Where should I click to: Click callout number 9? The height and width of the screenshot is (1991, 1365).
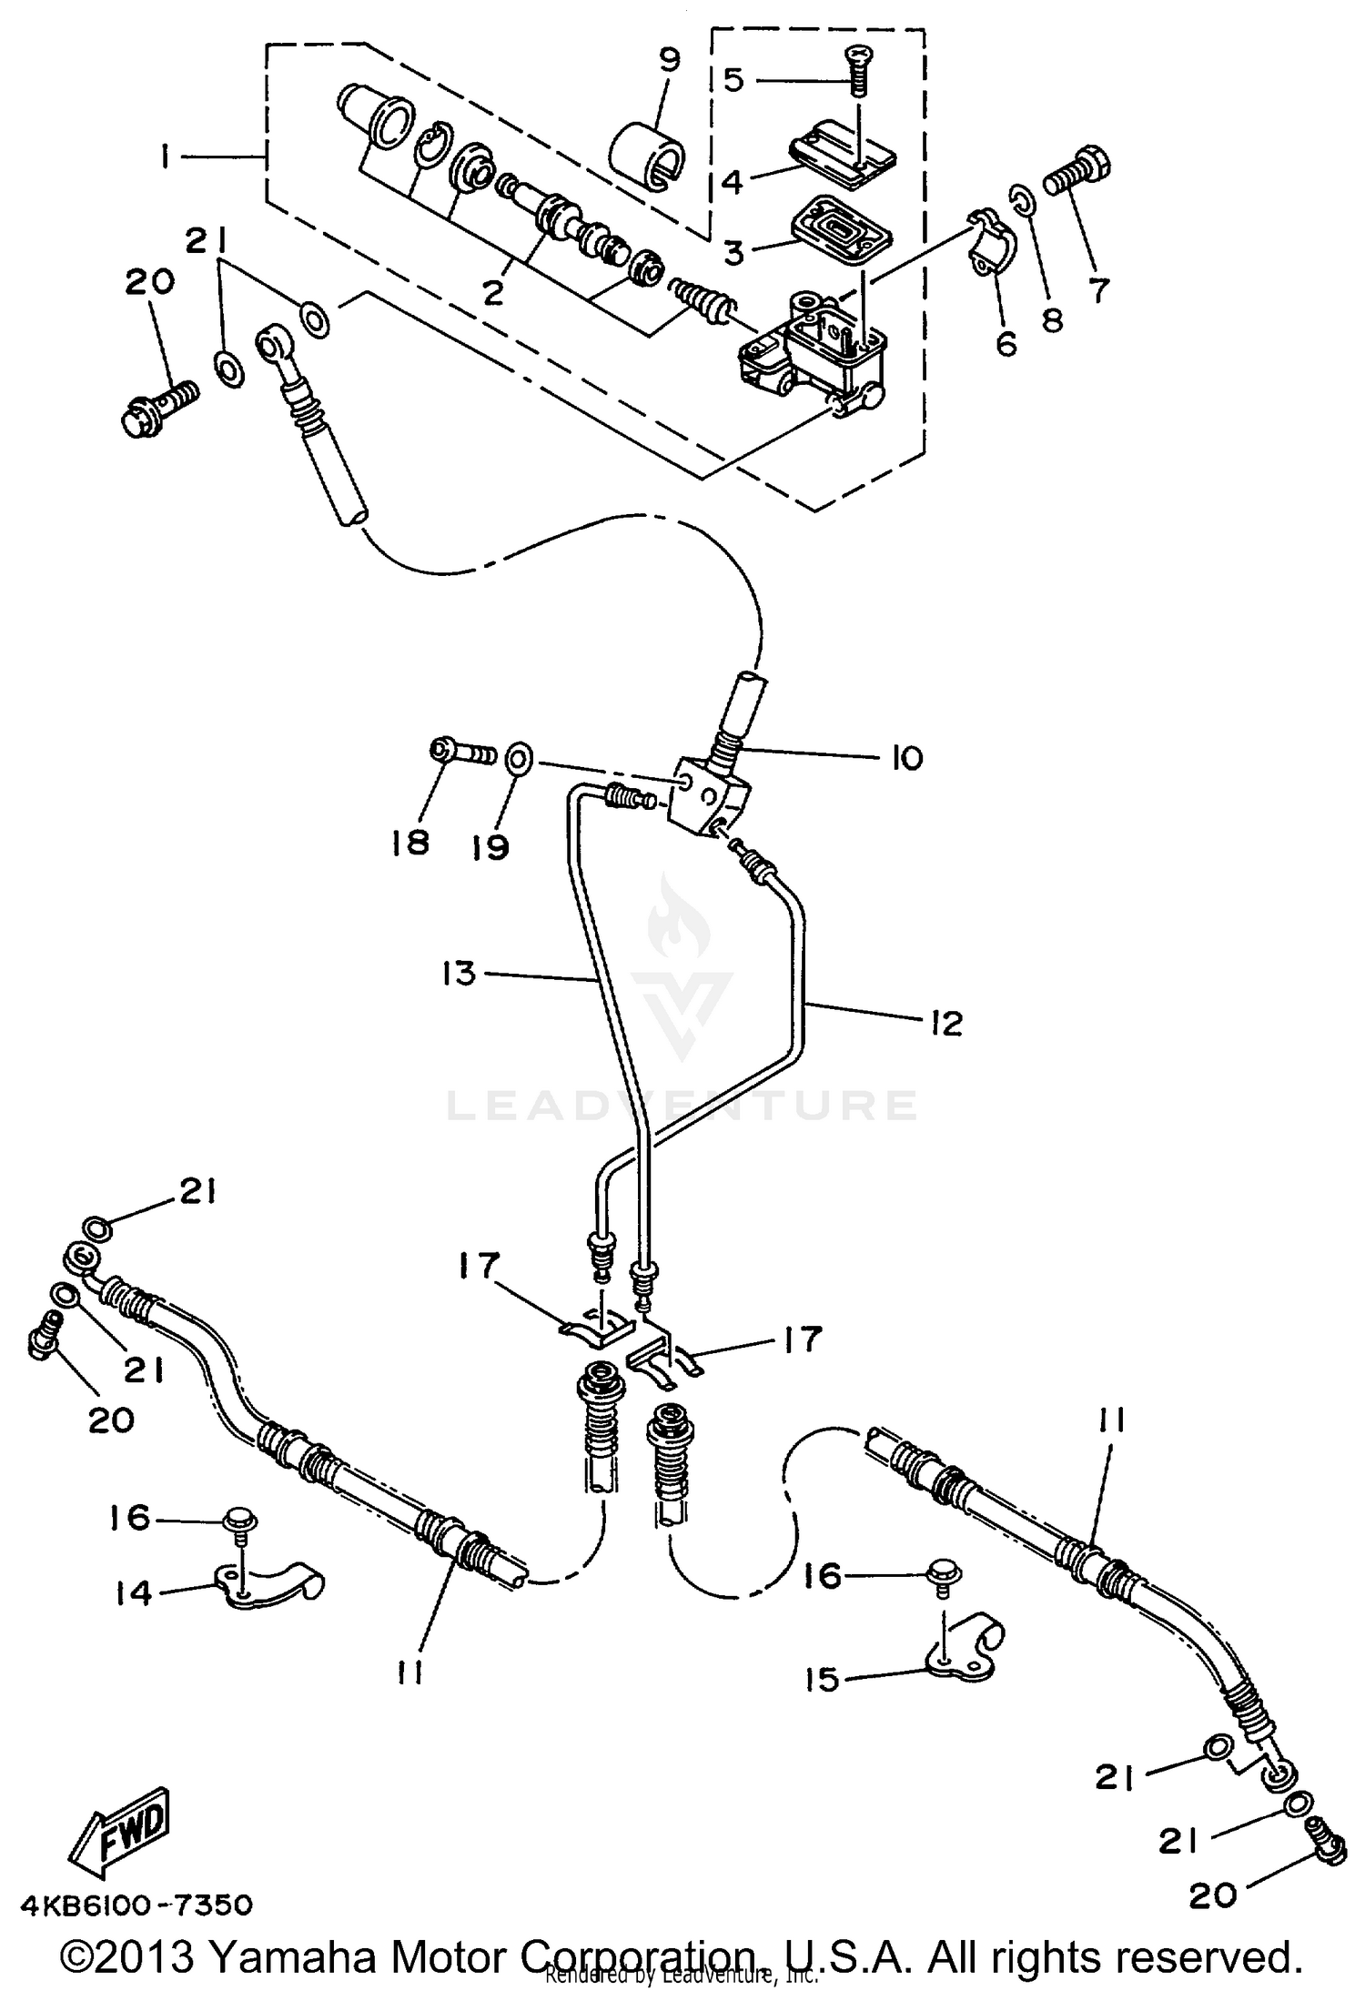click(669, 62)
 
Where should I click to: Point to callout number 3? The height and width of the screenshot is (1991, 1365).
click(733, 252)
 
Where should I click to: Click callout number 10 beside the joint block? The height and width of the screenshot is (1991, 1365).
click(906, 757)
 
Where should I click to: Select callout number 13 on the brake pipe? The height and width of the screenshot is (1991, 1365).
click(460, 973)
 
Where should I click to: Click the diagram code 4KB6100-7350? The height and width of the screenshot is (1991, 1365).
click(136, 1905)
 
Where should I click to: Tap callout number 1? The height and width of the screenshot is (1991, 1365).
click(165, 158)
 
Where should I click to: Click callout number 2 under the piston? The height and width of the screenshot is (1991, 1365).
click(492, 292)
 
